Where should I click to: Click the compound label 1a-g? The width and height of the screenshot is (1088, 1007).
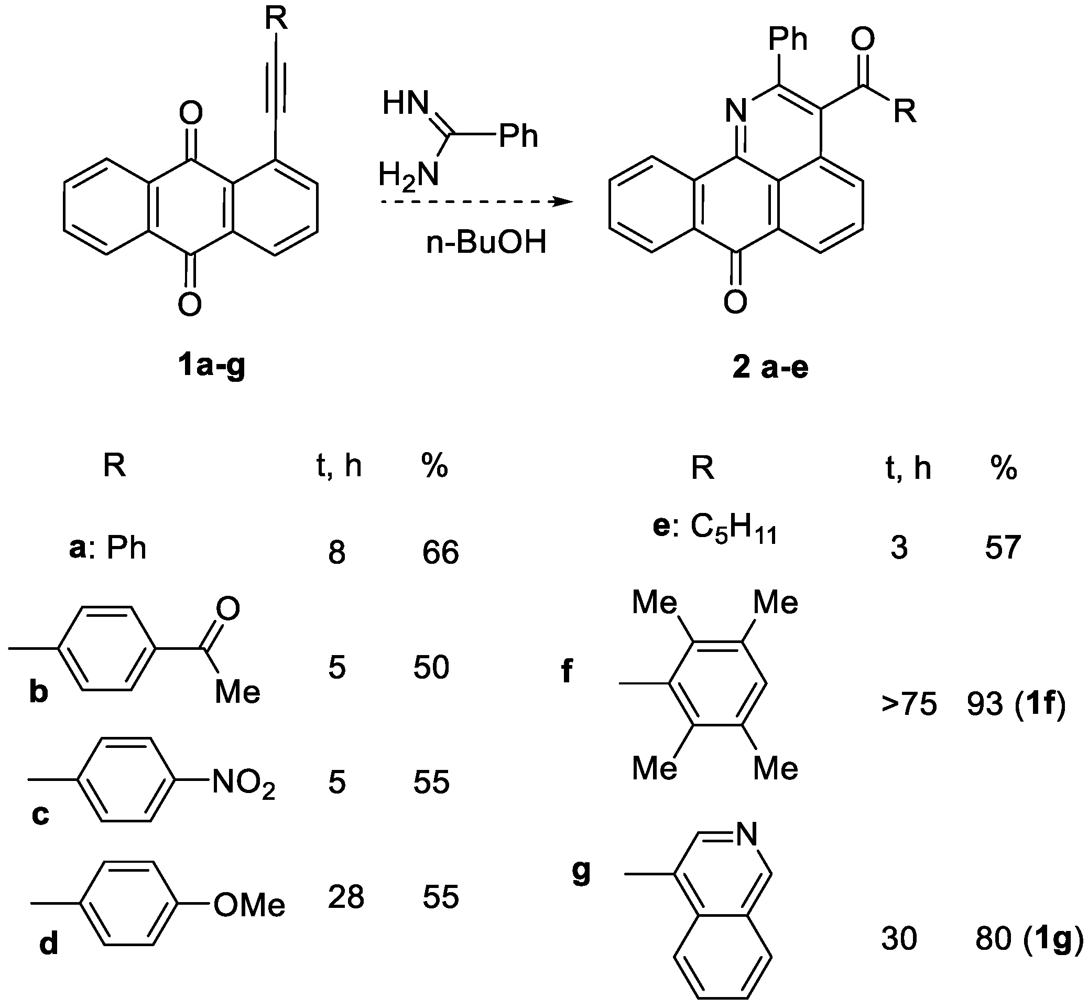211,366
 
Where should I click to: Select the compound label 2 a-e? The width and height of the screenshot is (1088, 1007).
770,368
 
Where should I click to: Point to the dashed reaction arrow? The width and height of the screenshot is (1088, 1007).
476,202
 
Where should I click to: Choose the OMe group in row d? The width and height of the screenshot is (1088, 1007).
249,906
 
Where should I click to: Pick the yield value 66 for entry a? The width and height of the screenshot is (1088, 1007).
441,553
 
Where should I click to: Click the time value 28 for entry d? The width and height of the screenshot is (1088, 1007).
346,897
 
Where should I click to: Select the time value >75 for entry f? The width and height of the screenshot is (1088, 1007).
909,704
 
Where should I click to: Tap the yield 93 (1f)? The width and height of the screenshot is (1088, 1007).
1016,704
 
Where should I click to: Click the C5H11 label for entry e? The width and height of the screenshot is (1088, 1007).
733,529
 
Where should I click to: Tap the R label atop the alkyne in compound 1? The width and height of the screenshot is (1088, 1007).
276,19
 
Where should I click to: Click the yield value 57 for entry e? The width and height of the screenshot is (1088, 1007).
1002,548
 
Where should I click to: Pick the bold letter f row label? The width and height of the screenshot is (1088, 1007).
567,671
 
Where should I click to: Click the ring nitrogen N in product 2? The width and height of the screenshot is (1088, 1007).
736,112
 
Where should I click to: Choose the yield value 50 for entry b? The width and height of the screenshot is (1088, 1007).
431,667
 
